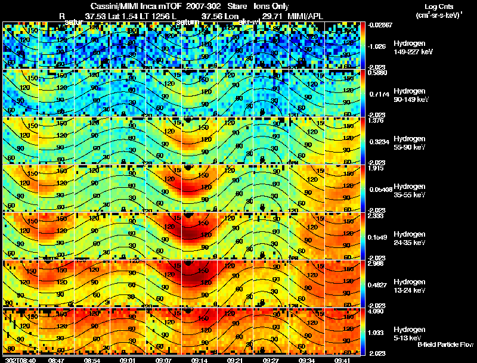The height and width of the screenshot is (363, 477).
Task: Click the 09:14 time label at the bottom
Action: (x=199, y=360)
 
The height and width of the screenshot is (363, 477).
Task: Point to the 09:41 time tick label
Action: (x=342, y=360)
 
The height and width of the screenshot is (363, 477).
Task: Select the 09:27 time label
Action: (x=271, y=360)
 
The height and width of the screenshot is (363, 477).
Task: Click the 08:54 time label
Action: (x=92, y=360)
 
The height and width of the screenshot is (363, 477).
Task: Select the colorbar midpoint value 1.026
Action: (x=376, y=46)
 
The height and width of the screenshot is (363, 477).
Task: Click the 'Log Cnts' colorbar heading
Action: (x=439, y=5)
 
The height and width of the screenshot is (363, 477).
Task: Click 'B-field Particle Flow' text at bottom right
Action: (x=445, y=345)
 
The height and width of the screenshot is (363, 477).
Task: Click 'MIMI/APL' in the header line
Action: (x=306, y=15)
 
